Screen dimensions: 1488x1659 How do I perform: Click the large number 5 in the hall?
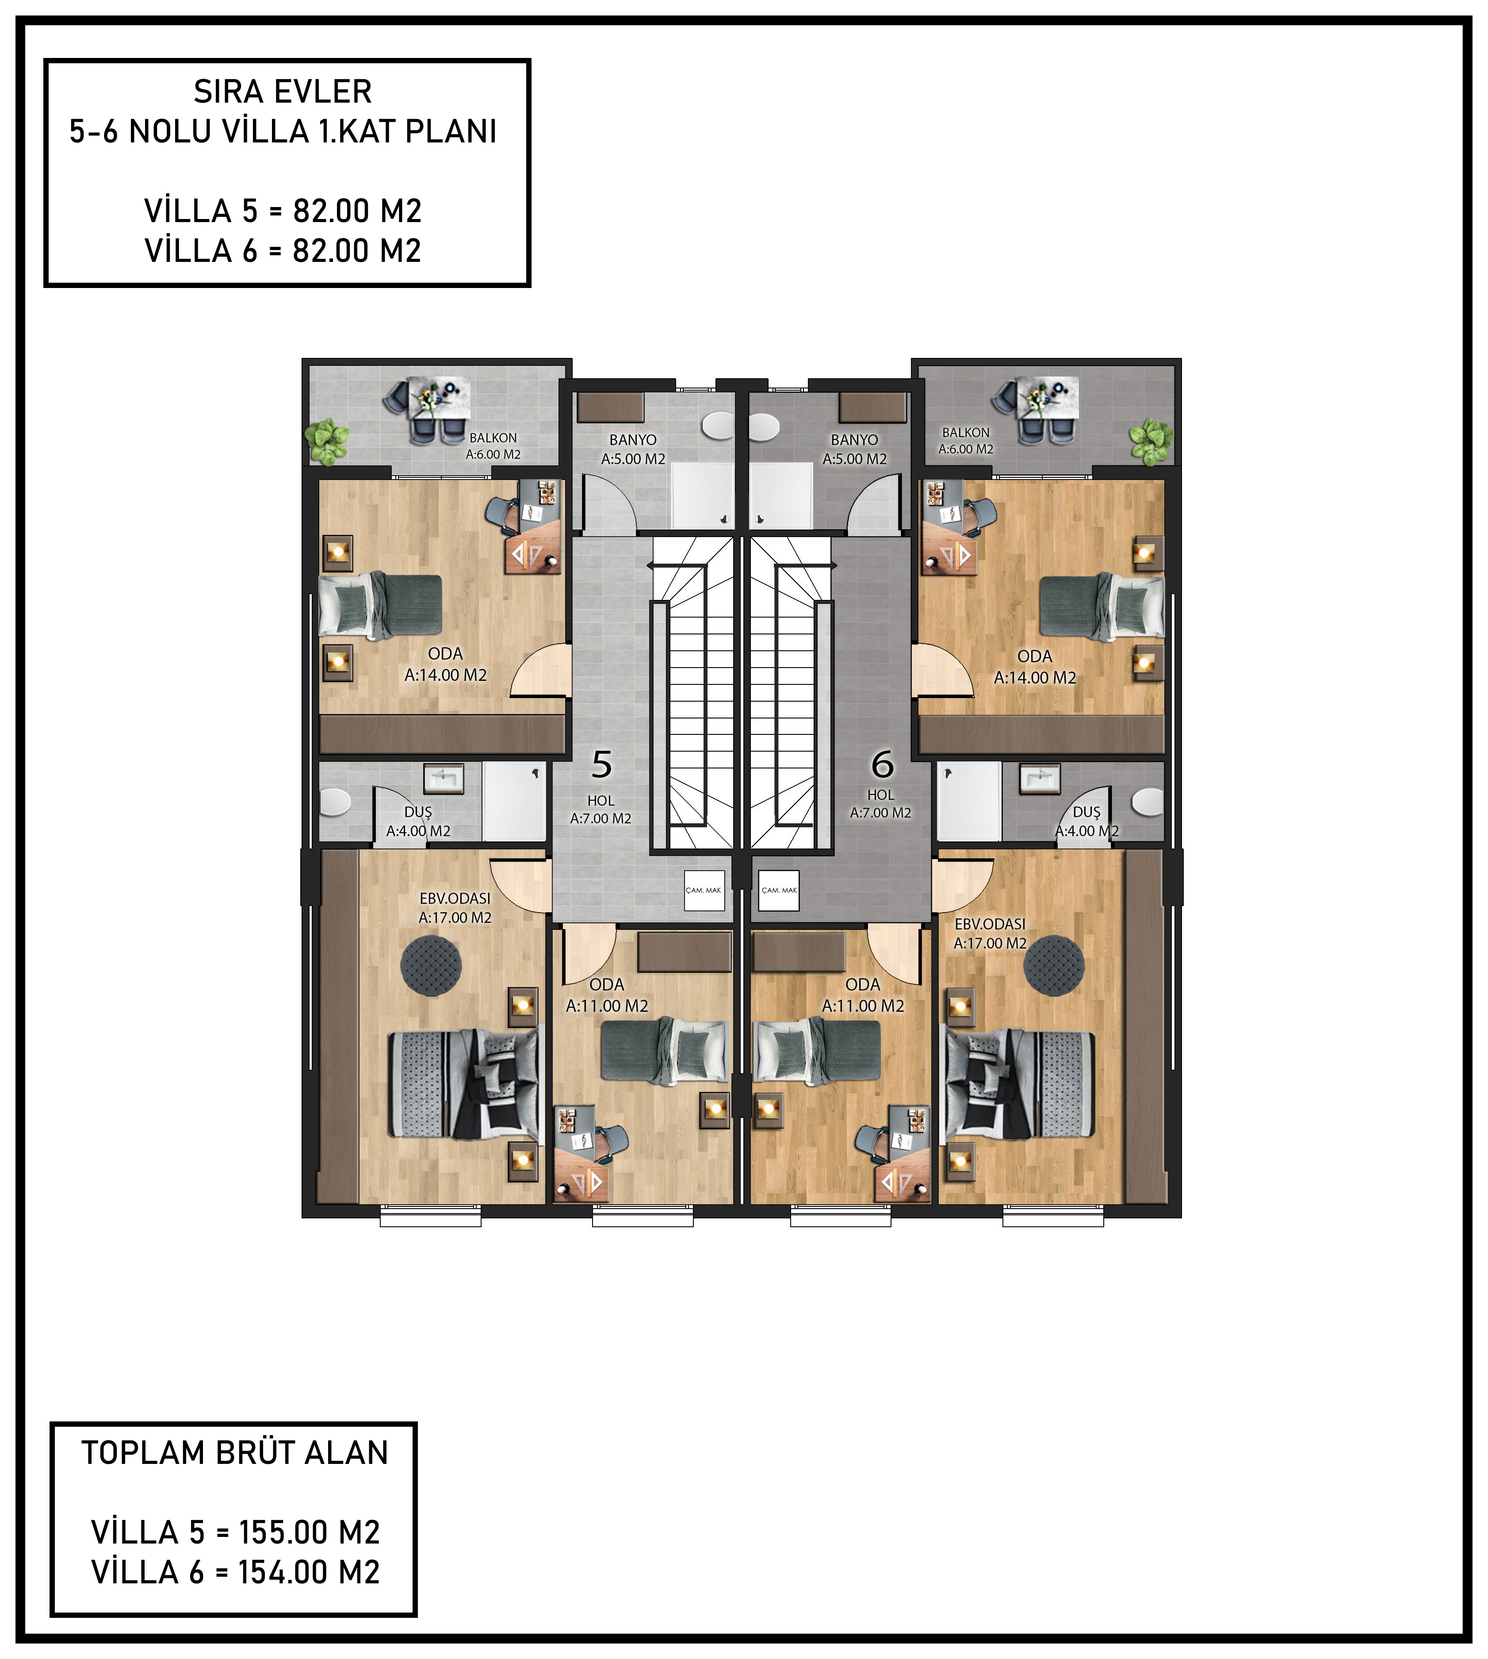tap(602, 765)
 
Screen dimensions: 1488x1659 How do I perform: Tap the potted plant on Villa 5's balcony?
tap(327, 442)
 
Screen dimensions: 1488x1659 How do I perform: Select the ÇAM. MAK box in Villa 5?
tap(704, 890)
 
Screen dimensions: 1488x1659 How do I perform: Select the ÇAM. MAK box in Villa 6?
tap(779, 890)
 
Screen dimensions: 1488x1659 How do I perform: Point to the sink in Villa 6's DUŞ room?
tap(1040, 778)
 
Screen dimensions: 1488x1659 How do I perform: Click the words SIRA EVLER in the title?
tap(283, 92)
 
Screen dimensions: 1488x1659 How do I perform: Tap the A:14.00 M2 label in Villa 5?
tap(446, 675)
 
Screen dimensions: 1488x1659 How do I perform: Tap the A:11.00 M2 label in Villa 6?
tap(863, 1006)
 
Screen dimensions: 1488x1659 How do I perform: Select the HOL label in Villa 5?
tap(601, 801)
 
